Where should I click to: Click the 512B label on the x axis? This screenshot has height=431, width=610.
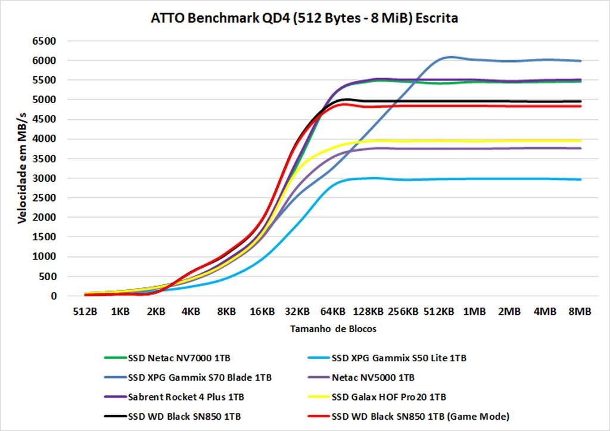pyautogui.click(x=85, y=312)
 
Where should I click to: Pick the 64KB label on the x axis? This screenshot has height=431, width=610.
pyautogui.click(x=332, y=312)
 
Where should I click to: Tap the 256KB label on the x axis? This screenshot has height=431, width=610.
pyautogui.click(x=403, y=312)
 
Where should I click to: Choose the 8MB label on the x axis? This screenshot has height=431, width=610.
pyautogui.click(x=580, y=312)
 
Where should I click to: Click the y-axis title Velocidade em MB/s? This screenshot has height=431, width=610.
pyautogui.click(x=22, y=169)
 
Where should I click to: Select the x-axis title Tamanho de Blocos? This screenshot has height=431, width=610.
pyautogui.click(x=334, y=329)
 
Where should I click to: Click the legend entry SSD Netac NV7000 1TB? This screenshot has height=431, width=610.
pyautogui.click(x=179, y=358)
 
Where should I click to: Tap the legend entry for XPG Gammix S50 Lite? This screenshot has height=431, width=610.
pyautogui.click(x=399, y=358)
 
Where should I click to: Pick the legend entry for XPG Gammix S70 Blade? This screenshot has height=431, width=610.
pyautogui.click(x=200, y=377)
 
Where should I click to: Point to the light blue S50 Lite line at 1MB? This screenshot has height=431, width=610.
pyautogui.click(x=474, y=178)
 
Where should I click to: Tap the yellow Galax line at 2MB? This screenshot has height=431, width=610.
pyautogui.click(x=509, y=141)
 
